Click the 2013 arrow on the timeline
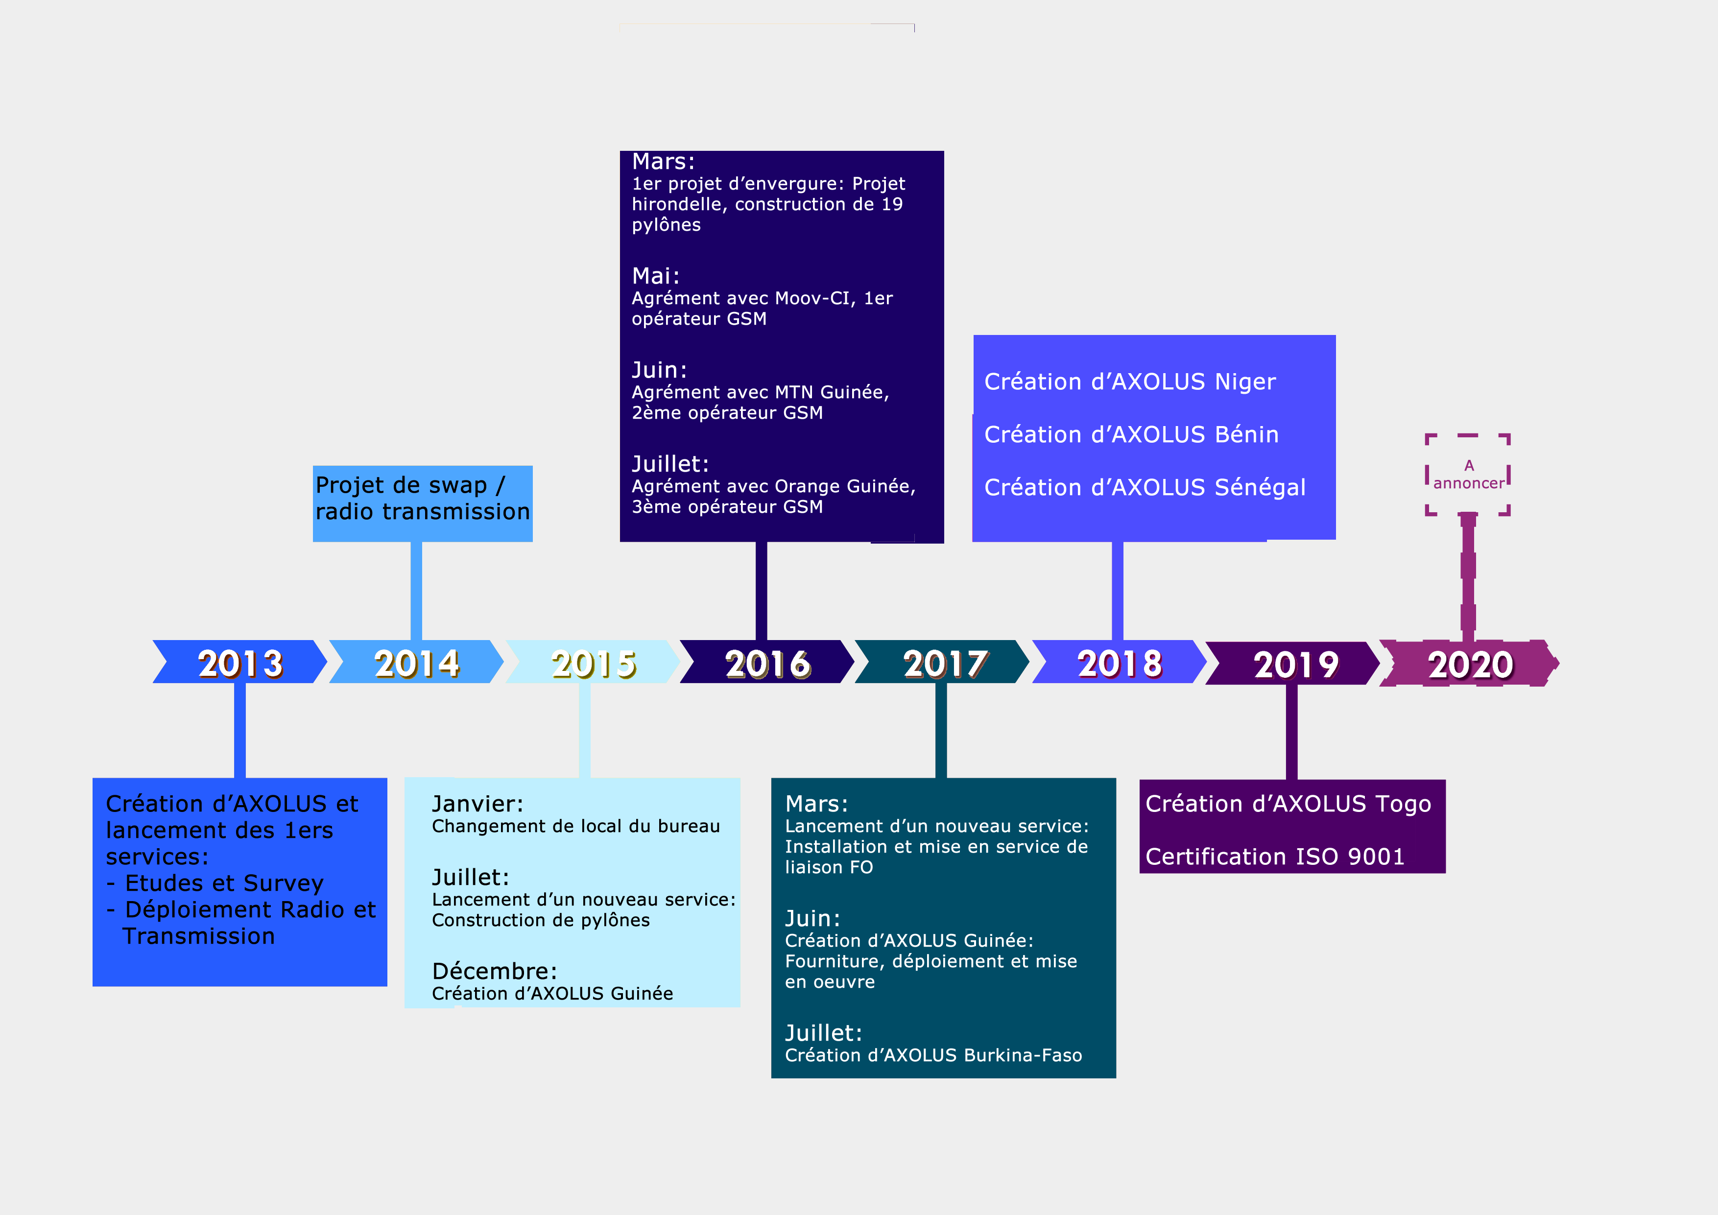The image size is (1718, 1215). coord(239,662)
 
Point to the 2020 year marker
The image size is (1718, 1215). coord(1470,664)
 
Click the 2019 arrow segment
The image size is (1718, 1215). coord(1294,664)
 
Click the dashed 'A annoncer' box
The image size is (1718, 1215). coord(1468,475)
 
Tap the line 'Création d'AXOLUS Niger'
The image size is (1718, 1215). coord(1130,381)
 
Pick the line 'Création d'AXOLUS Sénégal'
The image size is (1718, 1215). coord(1145,488)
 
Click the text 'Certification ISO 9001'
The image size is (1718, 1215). coord(1275,857)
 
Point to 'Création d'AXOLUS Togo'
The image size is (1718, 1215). coord(1288,804)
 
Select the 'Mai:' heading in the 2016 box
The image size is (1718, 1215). coord(655,276)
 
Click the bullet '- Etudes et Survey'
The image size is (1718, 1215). coord(215,883)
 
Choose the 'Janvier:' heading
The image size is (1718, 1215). coord(477,804)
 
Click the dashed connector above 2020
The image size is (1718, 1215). coord(1468,576)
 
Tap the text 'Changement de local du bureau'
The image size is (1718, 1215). coord(575,826)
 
